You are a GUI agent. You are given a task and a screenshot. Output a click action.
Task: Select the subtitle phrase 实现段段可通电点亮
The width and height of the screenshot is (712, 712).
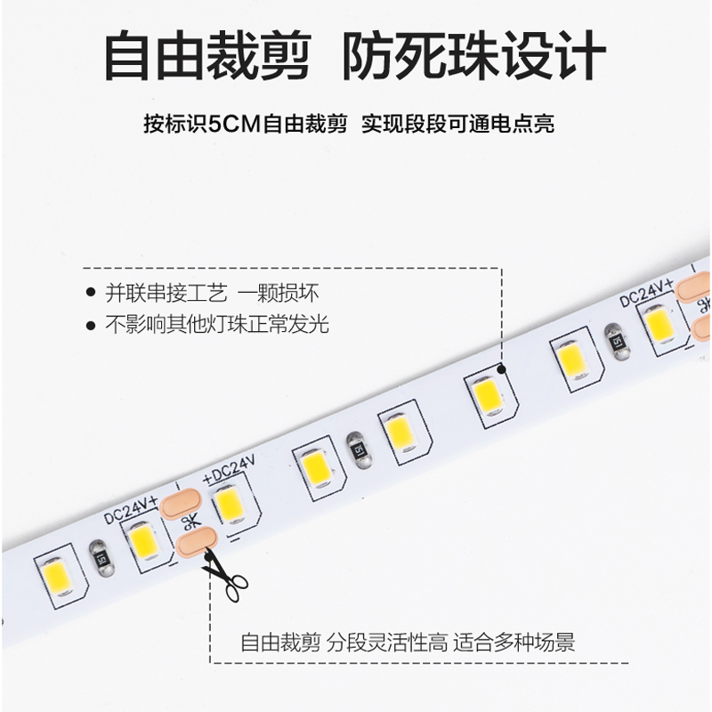pos(457,124)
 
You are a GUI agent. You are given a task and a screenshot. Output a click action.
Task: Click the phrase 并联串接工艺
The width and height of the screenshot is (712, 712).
pos(166,292)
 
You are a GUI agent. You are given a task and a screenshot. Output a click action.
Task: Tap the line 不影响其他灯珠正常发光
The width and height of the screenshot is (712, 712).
pos(217,324)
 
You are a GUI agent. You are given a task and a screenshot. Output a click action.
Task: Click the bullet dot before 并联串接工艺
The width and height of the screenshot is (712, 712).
pos(89,293)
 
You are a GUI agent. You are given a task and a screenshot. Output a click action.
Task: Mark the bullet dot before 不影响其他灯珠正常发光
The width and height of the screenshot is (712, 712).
pos(89,325)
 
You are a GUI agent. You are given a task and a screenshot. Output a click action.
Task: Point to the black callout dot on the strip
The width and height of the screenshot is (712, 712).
pos(502,368)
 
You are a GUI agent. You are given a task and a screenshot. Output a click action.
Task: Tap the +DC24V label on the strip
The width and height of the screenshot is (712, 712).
pos(229,469)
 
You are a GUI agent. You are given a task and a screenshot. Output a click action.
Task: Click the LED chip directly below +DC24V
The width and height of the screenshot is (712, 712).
pos(230,505)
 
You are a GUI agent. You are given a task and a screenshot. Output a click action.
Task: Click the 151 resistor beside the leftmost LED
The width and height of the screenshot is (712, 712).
pos(102,558)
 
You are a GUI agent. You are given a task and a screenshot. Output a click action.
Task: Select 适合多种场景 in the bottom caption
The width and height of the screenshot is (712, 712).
pos(514,643)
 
